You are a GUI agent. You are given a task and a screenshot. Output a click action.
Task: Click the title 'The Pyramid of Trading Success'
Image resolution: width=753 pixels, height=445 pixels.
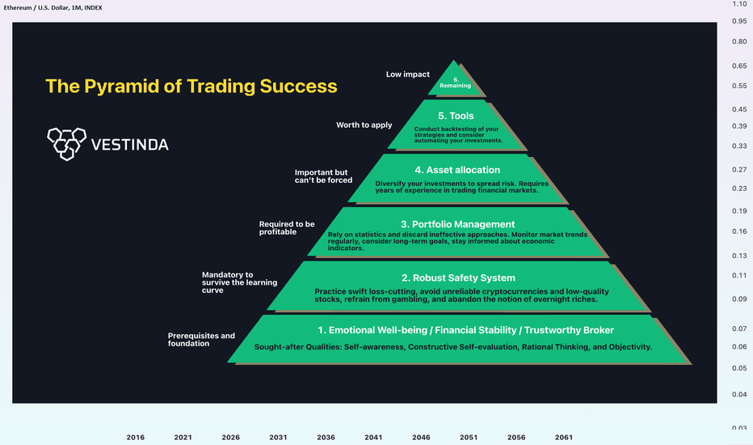(x=191, y=86)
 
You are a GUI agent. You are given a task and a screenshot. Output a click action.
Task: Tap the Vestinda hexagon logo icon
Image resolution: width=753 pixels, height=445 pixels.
(x=67, y=144)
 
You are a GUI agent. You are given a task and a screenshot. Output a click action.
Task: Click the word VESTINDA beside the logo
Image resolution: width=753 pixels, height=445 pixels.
(x=129, y=145)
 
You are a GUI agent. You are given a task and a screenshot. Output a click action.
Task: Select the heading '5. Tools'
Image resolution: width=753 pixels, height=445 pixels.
(x=456, y=116)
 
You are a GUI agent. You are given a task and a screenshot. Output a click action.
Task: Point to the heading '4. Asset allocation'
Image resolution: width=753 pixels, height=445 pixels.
(x=457, y=170)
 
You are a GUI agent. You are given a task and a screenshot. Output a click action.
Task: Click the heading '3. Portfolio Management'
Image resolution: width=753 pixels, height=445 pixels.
(x=457, y=224)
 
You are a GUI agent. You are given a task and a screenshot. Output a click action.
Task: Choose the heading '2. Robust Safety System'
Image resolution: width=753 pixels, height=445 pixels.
(x=458, y=278)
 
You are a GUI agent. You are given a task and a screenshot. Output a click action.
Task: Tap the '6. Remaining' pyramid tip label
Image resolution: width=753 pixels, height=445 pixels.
(x=455, y=83)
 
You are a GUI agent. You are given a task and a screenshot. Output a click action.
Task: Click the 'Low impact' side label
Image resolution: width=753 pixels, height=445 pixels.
(x=408, y=74)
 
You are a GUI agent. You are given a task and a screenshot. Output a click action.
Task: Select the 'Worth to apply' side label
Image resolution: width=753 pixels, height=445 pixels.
(x=364, y=125)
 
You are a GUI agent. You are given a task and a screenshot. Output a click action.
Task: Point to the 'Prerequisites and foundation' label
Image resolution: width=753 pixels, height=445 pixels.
(x=201, y=340)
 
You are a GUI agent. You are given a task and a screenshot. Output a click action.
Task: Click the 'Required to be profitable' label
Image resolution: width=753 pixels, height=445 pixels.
(x=287, y=228)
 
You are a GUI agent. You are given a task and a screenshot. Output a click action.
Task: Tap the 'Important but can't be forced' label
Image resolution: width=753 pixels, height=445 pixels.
(x=323, y=176)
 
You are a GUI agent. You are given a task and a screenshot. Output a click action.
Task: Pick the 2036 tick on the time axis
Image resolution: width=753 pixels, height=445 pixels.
(x=326, y=437)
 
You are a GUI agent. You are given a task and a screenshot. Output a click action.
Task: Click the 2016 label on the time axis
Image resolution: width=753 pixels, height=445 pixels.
(x=136, y=437)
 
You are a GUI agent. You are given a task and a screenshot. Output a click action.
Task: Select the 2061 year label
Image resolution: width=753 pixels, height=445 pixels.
(x=564, y=437)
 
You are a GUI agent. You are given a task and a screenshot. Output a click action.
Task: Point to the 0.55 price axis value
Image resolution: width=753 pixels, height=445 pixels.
(x=739, y=86)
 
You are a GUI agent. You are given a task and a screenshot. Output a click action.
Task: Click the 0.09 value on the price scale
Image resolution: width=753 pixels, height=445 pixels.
(x=739, y=299)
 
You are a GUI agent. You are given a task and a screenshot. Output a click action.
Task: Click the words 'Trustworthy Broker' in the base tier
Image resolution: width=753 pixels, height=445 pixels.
(x=569, y=330)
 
